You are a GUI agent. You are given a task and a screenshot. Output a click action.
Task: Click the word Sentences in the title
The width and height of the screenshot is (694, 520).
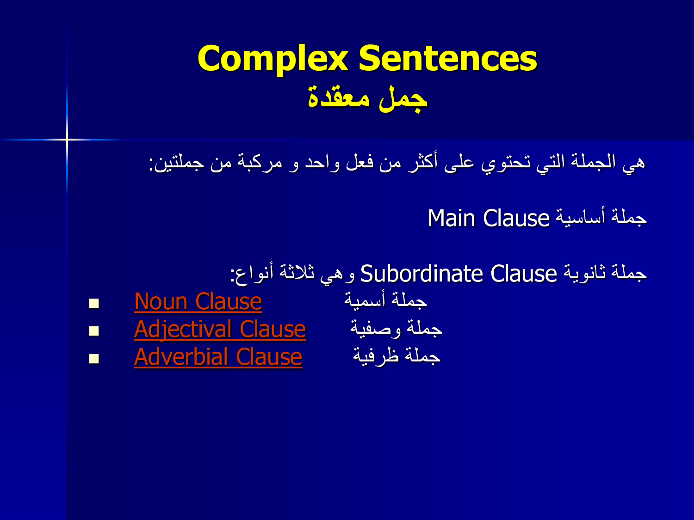pos(448,58)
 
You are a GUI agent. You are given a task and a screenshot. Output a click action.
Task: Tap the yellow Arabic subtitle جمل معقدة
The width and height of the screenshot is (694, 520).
pos(368,99)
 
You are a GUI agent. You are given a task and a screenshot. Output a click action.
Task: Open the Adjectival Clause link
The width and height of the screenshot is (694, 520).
pos(220,330)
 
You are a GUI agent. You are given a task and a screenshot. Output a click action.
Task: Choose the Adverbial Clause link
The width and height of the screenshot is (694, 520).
pos(218,357)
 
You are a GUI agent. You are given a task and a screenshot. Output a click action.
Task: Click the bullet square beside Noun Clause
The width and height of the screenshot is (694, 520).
pos(94,303)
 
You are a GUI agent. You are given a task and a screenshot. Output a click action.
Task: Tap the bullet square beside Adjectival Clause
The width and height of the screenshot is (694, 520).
pos(94,331)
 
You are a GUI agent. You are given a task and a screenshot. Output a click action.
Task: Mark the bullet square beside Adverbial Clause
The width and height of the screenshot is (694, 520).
pos(94,359)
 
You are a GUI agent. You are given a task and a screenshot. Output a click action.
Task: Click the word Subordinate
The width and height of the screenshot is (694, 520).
pos(421,274)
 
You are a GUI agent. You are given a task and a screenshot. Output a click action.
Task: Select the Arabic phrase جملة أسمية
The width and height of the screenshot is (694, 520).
pos(386,300)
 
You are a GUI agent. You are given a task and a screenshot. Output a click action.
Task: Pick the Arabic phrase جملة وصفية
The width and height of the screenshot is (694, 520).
pos(396,328)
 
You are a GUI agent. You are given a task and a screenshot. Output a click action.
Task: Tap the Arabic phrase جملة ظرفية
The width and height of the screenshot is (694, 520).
pos(397,356)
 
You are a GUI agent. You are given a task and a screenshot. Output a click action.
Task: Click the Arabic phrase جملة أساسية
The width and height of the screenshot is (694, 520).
pos(601,218)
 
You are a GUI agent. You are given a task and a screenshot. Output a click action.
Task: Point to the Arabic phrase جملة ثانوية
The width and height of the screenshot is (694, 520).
pos(606,272)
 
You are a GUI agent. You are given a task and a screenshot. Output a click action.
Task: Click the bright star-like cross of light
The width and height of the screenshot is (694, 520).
pos(67,139)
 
